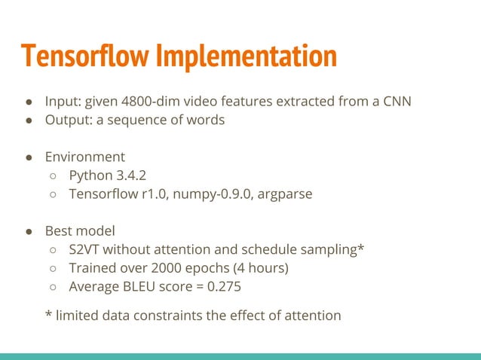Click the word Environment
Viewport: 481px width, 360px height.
84,157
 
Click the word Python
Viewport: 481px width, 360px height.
91,175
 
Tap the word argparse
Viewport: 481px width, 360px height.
284,194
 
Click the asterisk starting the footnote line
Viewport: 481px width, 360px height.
49,314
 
